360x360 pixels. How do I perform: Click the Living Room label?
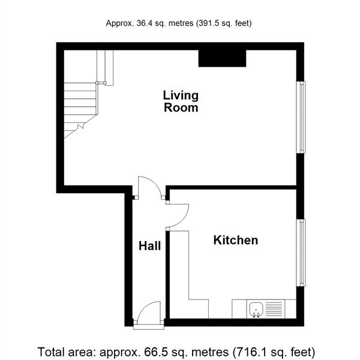(x=181, y=101)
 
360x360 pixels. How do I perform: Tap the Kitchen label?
(x=236, y=240)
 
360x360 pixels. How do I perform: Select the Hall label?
(x=149, y=246)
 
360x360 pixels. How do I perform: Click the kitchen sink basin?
(x=256, y=309)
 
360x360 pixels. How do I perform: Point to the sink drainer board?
(x=274, y=309)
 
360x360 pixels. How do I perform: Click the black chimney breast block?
(x=222, y=59)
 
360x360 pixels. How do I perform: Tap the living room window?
(x=301, y=117)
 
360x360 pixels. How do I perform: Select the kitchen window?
(x=301, y=253)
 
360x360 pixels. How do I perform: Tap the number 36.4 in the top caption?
(x=145, y=23)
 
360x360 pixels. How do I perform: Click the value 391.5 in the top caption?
(x=208, y=23)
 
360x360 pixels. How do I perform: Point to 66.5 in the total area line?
(x=154, y=352)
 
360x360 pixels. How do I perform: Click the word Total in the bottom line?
(x=51, y=352)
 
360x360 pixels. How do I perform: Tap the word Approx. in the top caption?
(x=120, y=23)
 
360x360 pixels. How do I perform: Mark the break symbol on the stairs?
(x=80, y=126)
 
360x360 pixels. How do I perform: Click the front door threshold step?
(x=149, y=327)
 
